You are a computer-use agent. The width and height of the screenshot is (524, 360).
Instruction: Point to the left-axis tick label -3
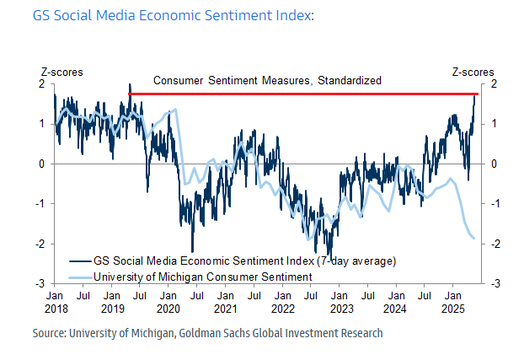[42, 284]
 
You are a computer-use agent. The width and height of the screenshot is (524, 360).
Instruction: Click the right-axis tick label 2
[492, 83]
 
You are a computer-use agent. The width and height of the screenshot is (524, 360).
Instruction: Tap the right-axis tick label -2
[494, 244]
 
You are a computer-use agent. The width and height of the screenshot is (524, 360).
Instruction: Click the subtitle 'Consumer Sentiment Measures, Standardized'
[268, 81]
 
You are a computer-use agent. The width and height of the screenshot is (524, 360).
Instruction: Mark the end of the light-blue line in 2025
[474, 238]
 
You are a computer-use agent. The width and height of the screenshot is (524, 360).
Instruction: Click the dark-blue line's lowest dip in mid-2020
[192, 251]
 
